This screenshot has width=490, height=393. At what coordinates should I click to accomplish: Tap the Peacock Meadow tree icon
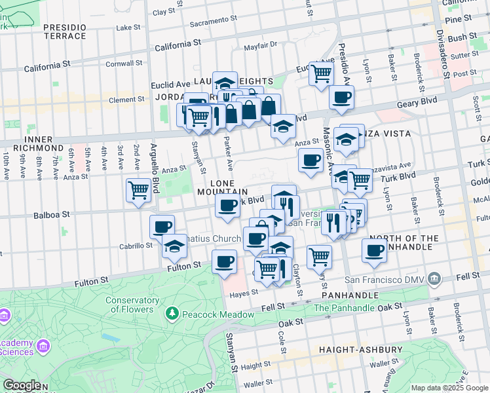[172, 314]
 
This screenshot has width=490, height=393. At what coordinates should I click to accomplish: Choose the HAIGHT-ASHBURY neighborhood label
[354, 350]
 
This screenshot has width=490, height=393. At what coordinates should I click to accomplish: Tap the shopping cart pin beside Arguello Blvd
[138, 191]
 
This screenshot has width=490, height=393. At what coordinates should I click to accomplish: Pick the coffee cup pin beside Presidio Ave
[341, 98]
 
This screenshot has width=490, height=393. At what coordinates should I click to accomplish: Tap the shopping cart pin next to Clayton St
[319, 256]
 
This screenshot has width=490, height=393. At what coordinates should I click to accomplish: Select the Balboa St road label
[52, 214]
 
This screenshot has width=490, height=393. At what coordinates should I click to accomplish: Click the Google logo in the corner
[22, 385]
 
